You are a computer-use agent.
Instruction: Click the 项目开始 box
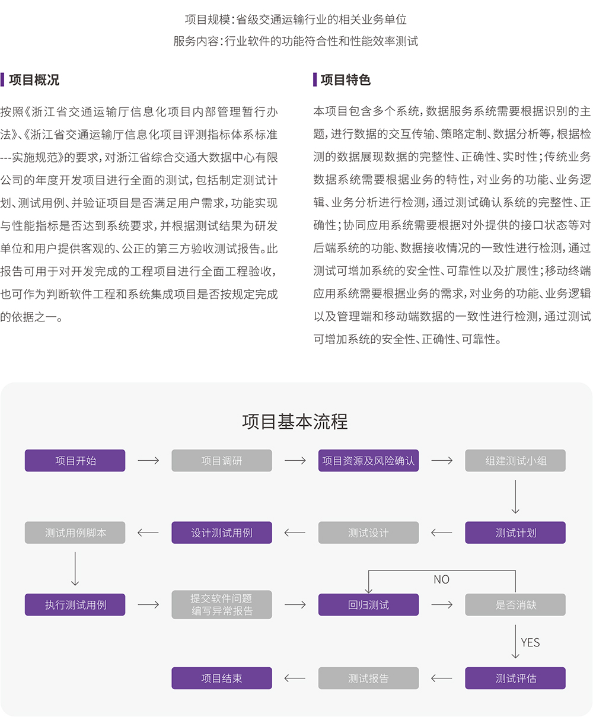[75, 461]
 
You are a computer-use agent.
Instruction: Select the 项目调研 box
[222, 461]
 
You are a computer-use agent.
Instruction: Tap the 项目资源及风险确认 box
[368, 461]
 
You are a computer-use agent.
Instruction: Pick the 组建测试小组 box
[515, 461]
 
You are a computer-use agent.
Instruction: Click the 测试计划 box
[515, 533]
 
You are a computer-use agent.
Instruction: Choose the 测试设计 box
[368, 533]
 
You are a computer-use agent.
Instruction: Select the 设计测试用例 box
[222, 533]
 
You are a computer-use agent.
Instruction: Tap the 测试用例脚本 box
[75, 533]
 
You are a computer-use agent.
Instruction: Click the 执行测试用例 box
[75, 605]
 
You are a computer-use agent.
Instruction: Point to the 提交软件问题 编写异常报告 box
[222, 605]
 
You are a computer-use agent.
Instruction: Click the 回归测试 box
[368, 605]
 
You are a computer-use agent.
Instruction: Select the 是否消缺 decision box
[515, 605]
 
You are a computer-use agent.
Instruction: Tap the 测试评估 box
[515, 678]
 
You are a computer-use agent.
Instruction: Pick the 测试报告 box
[368, 678]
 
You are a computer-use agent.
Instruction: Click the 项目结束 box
[222, 678]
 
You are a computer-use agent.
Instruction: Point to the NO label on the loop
[441, 579]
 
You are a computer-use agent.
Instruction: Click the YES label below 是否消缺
[530, 642]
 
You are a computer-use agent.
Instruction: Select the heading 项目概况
[34, 80]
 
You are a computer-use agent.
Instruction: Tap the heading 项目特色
[345, 80]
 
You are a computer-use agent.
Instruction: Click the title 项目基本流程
[295, 422]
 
